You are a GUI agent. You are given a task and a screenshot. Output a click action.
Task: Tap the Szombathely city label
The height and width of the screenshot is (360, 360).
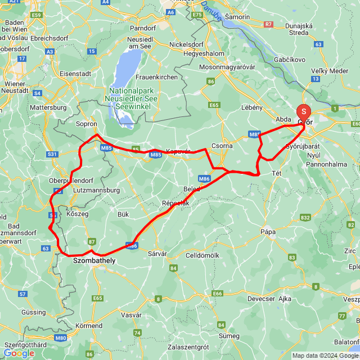[x=94, y=260]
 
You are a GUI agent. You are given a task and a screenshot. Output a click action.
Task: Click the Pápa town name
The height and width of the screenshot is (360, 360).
[x=268, y=231]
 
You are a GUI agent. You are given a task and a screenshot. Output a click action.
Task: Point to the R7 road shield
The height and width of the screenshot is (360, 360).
[x=268, y=24]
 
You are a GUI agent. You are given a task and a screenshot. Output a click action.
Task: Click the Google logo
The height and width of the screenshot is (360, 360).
[x=19, y=353]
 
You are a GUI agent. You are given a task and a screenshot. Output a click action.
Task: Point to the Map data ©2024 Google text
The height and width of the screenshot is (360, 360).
[x=324, y=355]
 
